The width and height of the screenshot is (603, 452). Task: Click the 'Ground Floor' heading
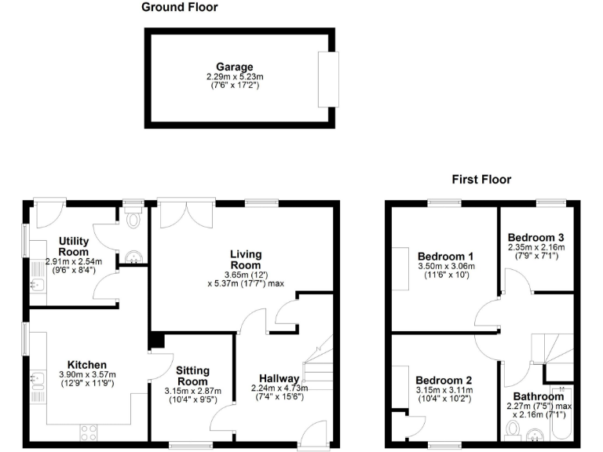(180, 8)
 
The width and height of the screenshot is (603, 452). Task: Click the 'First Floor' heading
(481, 180)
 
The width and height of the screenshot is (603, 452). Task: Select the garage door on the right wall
(328, 79)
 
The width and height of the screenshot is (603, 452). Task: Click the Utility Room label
(73, 246)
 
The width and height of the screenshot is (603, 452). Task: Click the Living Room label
(246, 259)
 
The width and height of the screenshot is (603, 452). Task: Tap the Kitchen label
(86, 365)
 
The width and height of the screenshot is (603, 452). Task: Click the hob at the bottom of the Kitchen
(88, 431)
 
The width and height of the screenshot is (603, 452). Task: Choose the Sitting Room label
(192, 375)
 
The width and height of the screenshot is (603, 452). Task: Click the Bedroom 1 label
(445, 257)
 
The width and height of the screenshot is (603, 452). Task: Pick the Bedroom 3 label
(535, 238)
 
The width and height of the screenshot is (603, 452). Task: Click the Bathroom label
(538, 396)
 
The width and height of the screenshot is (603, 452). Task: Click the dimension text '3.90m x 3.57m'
(86, 375)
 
